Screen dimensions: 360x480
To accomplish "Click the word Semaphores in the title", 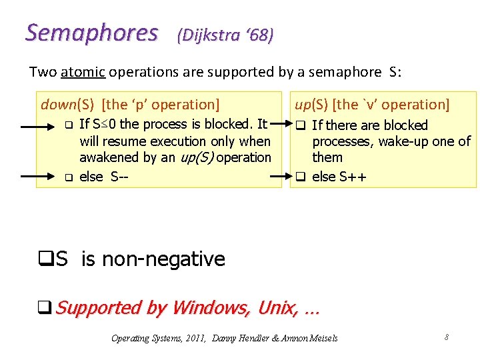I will (x=92, y=33).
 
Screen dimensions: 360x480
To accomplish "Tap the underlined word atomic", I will (x=83, y=72).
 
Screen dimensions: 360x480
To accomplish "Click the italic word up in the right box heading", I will (x=303, y=104).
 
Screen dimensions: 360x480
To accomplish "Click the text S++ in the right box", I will (x=351, y=177).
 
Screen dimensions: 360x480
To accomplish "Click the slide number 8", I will (x=446, y=337).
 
